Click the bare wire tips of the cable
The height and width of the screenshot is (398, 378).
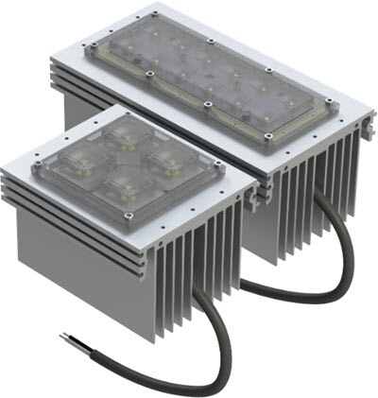click(x=64, y=336)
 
